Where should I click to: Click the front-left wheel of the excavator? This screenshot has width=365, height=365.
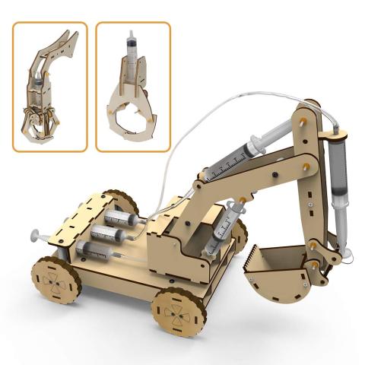pyautogui.click(x=56, y=279)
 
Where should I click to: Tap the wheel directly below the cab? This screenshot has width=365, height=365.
pyautogui.click(x=179, y=310)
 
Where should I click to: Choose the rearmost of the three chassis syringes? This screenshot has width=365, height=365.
pyautogui.click(x=121, y=219)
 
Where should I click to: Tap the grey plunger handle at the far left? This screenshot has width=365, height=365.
pyautogui.click(x=35, y=235)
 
